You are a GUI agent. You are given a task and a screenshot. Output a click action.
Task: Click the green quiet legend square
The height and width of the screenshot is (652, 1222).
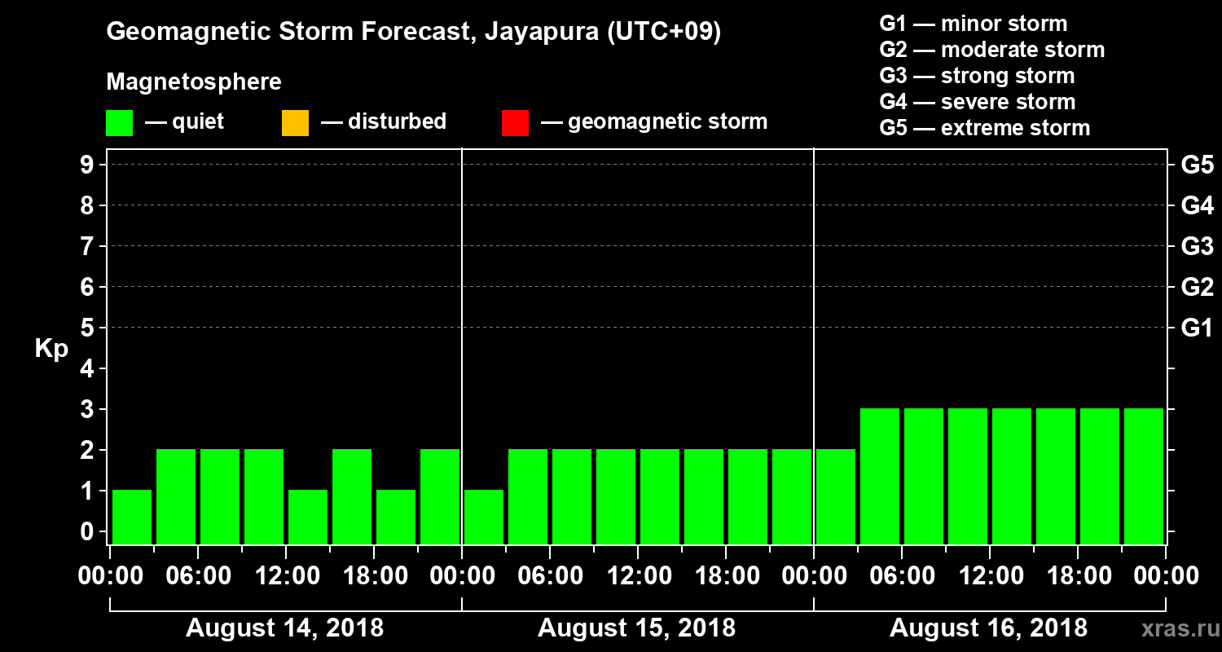(119, 123)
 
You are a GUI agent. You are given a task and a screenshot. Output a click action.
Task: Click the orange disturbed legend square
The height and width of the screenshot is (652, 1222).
(295, 123)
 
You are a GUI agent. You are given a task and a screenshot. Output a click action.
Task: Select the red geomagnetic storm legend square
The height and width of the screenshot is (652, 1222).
(515, 123)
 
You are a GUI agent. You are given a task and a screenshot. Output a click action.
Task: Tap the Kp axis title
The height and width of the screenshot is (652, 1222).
(51, 349)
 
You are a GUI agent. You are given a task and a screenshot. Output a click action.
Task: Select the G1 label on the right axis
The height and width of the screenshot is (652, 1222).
(1197, 328)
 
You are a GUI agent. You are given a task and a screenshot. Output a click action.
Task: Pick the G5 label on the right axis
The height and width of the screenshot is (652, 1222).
(1197, 165)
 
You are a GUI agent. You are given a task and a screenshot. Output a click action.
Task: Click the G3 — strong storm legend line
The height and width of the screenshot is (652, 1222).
(977, 76)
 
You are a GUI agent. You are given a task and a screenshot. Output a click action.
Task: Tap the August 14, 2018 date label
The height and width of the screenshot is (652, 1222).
(285, 628)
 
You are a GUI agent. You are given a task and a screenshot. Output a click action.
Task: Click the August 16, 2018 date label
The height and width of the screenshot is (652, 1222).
(988, 628)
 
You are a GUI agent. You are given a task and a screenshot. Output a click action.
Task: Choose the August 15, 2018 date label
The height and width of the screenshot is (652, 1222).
(636, 628)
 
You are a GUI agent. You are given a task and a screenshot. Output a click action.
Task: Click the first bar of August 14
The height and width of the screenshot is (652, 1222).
(132, 517)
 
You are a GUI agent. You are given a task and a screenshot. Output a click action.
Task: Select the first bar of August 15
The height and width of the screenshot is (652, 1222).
(484, 517)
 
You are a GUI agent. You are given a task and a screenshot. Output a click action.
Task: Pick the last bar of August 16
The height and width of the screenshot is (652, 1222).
(1143, 477)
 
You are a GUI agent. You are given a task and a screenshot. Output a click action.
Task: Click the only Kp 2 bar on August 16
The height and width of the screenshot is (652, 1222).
(836, 497)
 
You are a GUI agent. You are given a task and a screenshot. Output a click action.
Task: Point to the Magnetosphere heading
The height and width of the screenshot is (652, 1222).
(194, 82)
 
